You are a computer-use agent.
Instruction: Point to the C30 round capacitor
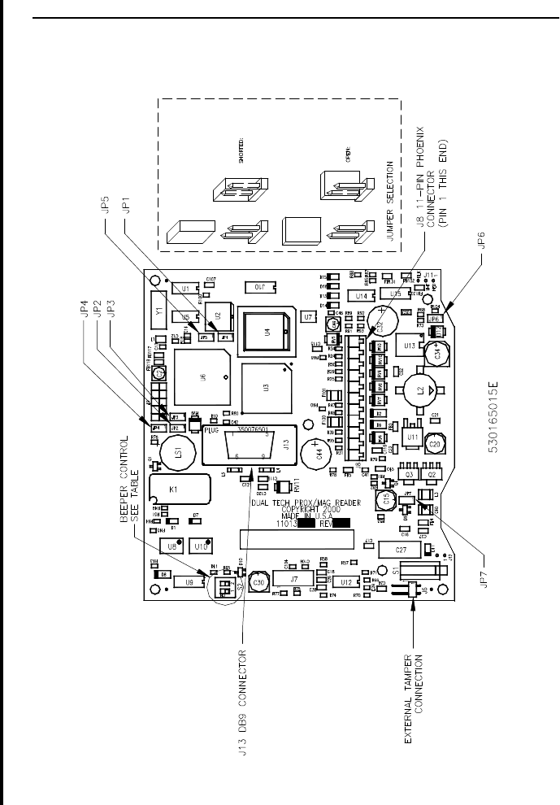point(258,583)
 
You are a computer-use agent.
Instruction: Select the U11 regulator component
point(412,437)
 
